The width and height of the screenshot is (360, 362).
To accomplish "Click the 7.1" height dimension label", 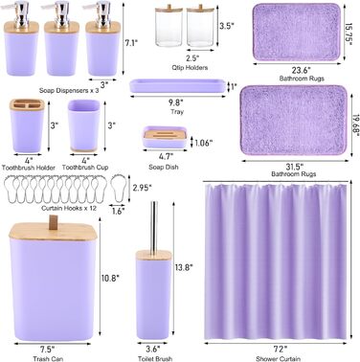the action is pos(131,42).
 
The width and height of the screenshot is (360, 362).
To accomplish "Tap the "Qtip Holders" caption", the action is pos(190,67).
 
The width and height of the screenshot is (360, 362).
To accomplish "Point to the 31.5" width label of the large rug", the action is pos(293,166).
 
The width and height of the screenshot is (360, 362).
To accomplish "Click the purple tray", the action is pos(177,86).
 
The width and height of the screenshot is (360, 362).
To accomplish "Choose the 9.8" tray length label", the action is pos(176,102).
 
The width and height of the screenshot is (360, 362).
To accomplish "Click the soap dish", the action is pos(165,137).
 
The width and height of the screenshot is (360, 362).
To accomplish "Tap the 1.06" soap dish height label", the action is pos(203,143).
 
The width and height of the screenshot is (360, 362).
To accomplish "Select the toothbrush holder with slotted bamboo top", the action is pos(27,125).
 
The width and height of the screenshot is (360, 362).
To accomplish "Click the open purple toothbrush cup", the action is pos(84,125).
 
